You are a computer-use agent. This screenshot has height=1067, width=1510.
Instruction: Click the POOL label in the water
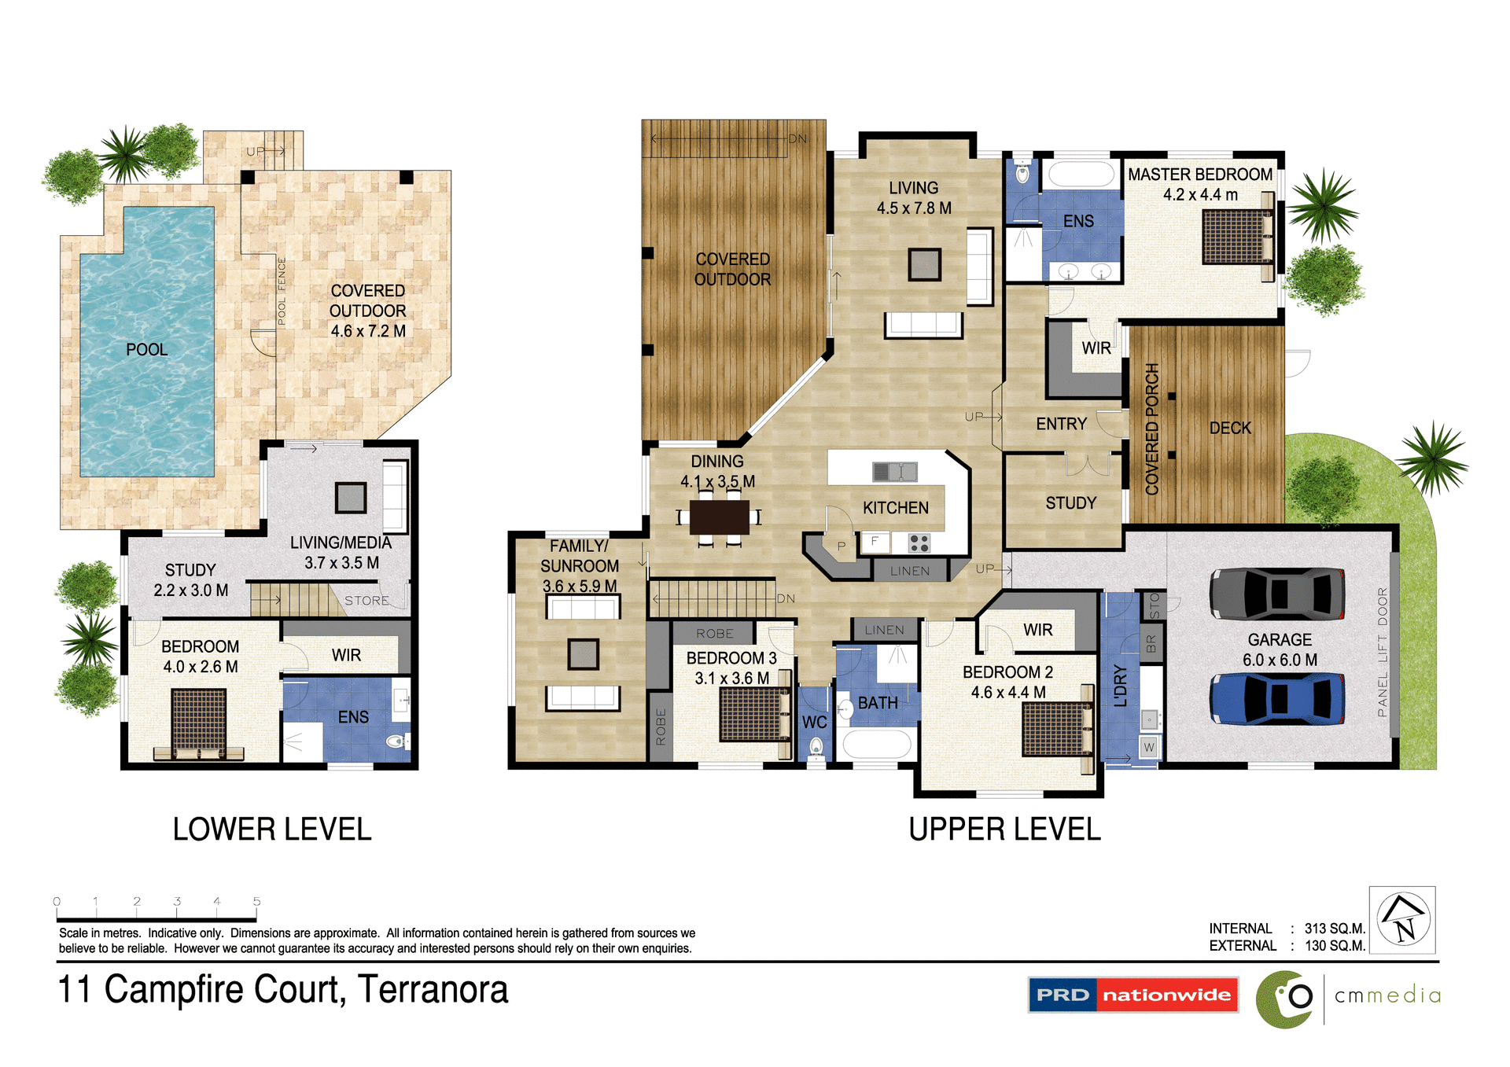click(147, 350)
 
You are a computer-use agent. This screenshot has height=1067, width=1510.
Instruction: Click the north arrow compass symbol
click(1404, 920)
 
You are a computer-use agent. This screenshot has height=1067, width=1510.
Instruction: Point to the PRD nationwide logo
click(1132, 995)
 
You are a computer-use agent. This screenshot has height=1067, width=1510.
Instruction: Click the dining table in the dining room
click(719, 517)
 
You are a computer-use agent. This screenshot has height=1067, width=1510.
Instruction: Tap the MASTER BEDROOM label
click(1199, 175)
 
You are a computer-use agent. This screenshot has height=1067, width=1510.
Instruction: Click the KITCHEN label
click(895, 508)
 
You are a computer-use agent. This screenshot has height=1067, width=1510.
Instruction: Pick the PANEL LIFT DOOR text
click(1383, 652)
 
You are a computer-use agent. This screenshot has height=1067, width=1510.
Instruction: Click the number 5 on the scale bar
click(256, 902)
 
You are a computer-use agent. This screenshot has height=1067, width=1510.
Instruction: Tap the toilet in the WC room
click(816, 746)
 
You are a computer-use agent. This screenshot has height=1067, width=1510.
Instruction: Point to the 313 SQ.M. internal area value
click(1335, 929)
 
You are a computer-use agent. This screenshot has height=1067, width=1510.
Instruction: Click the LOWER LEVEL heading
click(272, 830)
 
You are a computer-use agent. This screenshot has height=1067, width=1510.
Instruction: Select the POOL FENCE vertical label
click(282, 292)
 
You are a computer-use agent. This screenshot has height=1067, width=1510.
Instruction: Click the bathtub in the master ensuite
click(1081, 174)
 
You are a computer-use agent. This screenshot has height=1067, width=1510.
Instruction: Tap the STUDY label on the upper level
click(1070, 503)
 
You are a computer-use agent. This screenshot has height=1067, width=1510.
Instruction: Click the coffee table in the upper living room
click(924, 264)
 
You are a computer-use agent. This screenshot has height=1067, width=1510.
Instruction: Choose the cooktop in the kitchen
click(919, 543)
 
